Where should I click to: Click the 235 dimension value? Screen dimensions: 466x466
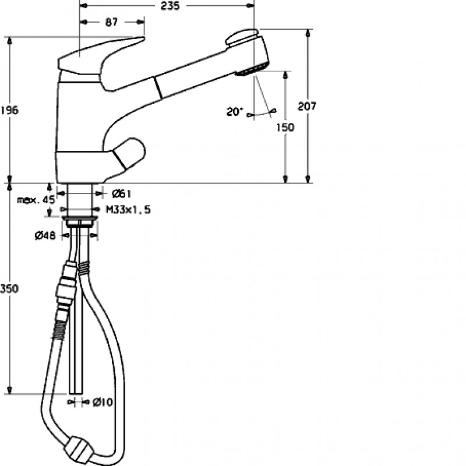click(170, 6)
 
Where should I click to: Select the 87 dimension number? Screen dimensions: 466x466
click(111, 22)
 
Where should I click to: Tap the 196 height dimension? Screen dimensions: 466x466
click(9, 110)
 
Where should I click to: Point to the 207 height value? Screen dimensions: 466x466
click(307, 106)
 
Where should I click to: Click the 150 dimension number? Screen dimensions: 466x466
click(285, 128)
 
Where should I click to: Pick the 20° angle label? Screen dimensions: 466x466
click(235, 112)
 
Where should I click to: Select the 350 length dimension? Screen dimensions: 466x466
click(9, 288)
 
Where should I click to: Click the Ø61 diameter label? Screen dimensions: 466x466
click(121, 194)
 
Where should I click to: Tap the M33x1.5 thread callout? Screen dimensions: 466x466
click(128, 210)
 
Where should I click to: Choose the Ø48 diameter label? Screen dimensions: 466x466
click(45, 236)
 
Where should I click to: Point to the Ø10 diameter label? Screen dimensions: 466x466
click(103, 402)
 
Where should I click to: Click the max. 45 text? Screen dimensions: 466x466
click(36, 200)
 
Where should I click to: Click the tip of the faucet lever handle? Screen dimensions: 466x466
click(144, 38)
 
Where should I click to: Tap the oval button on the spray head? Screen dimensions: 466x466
click(241, 37)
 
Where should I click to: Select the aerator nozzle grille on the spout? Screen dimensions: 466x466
click(252, 69)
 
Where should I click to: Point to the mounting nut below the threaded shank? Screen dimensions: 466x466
click(80, 221)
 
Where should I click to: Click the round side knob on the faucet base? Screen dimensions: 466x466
click(128, 153)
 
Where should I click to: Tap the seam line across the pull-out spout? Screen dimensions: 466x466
click(158, 87)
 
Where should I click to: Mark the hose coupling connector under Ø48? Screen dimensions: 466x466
click(66, 283)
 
